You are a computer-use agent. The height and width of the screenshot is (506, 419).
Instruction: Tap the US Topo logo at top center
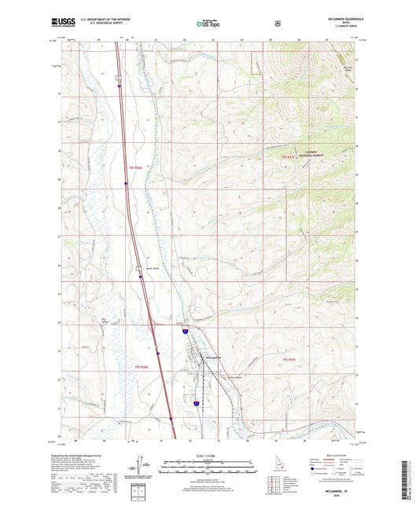click(x=209, y=24)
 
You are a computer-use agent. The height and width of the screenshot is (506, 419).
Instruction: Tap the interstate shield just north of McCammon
click(x=184, y=332)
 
